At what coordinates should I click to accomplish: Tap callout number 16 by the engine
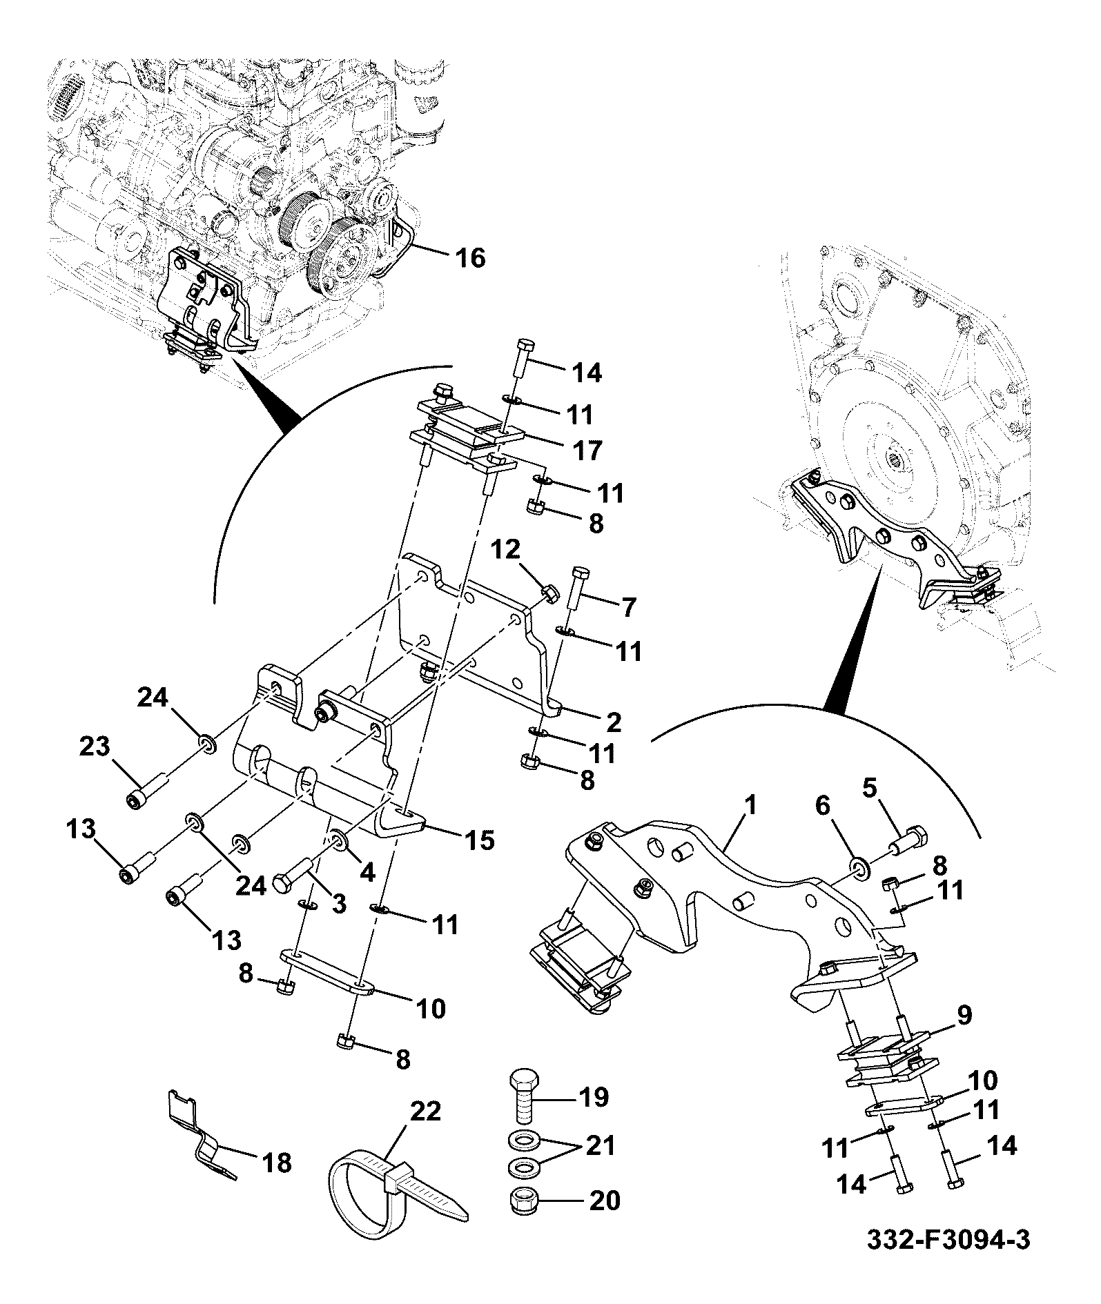pyautogui.click(x=469, y=258)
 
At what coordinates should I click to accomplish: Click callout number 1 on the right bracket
pyautogui.click(x=750, y=805)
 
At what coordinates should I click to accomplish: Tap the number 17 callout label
pyautogui.click(x=586, y=450)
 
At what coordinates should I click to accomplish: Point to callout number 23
pyautogui.click(x=95, y=746)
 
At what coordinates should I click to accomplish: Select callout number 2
pyautogui.click(x=613, y=722)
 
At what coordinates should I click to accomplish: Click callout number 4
pyautogui.click(x=367, y=871)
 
